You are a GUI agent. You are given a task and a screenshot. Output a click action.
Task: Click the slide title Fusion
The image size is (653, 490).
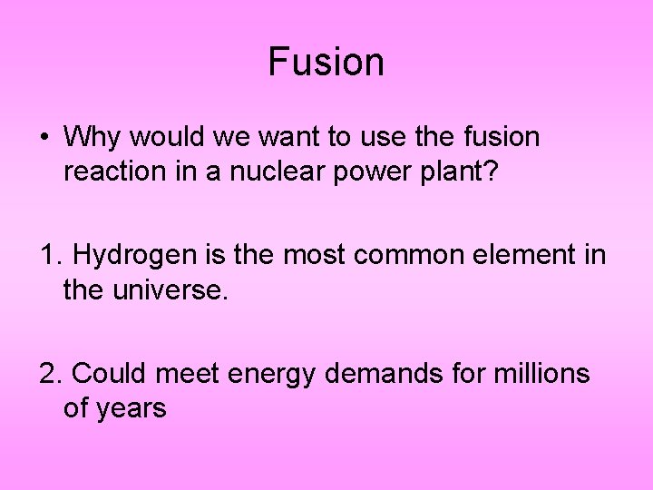pyautogui.click(x=326, y=62)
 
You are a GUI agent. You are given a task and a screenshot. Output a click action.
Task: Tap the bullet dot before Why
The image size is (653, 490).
pyautogui.click(x=44, y=139)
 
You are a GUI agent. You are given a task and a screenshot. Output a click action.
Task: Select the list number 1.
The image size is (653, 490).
pyautogui.click(x=48, y=256)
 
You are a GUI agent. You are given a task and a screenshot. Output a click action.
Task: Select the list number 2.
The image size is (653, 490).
pyautogui.click(x=49, y=374)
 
